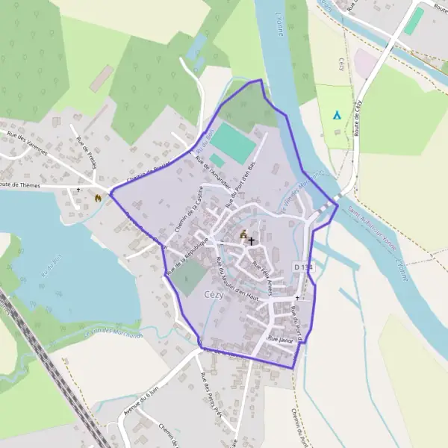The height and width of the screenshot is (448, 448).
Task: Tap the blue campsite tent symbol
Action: [x=337, y=116]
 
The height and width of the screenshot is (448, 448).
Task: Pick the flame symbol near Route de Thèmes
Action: [x=97, y=198]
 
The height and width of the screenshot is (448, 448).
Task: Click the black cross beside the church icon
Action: [x=252, y=241]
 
